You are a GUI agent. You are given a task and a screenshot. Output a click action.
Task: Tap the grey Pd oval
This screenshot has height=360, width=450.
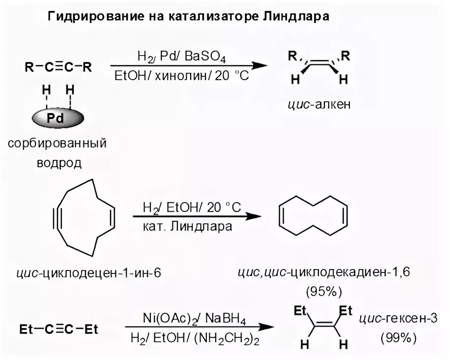click(x=58, y=119)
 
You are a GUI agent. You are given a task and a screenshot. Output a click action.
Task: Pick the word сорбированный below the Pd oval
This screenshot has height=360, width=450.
click(x=57, y=144)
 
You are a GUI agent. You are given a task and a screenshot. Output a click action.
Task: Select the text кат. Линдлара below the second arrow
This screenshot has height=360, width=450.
click(x=187, y=227)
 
